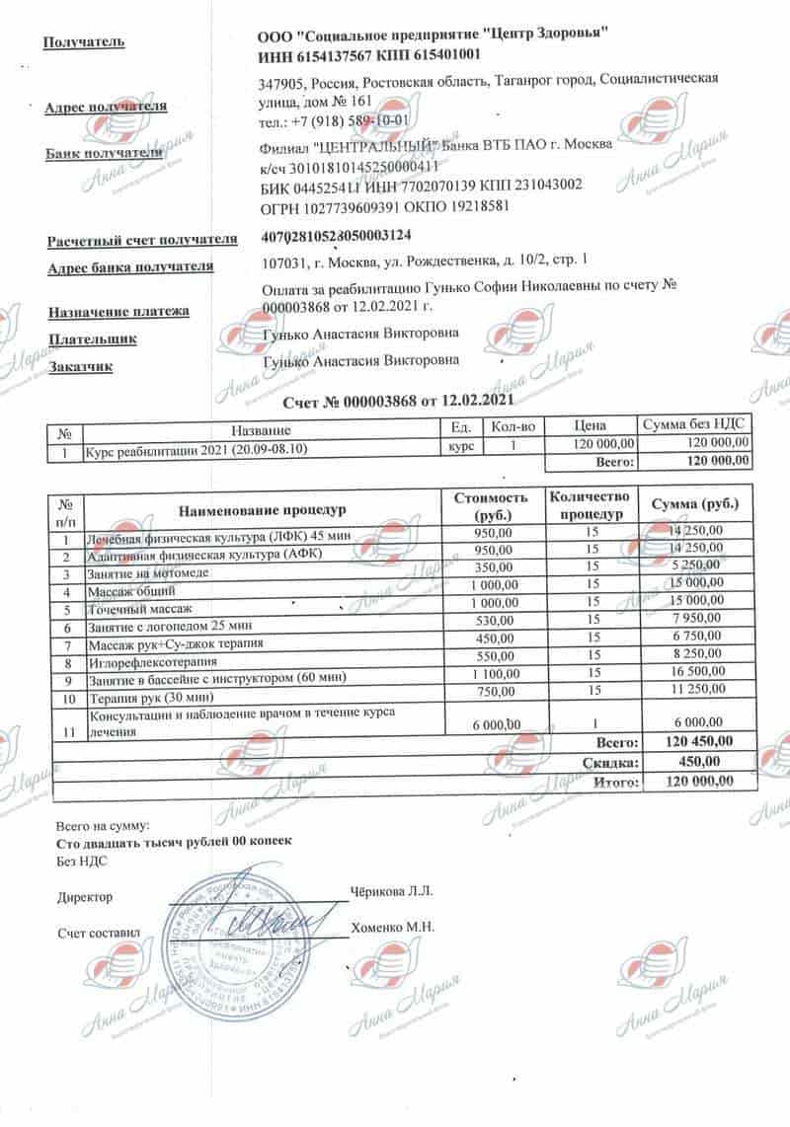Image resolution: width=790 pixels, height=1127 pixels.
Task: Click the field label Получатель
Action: tap(84, 42)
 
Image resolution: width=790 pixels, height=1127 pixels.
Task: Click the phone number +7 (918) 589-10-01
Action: tap(353, 123)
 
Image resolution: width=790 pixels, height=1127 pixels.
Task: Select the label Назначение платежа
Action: tap(118, 312)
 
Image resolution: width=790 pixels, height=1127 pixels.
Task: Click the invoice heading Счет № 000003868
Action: tap(398, 402)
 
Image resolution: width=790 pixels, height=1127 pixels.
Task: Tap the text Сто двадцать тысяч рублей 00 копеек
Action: tap(174, 842)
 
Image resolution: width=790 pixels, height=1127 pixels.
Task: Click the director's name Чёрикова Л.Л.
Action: tap(392, 891)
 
